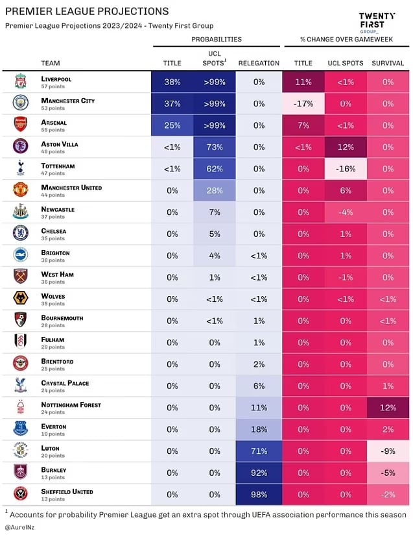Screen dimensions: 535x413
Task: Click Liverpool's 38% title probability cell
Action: pyautogui.click(x=172, y=82)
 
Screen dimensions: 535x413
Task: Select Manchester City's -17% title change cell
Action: pyautogui.click(x=303, y=104)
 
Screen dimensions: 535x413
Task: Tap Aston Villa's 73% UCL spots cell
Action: pyautogui.click(x=215, y=147)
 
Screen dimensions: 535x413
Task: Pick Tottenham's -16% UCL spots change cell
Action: pyautogui.click(x=345, y=169)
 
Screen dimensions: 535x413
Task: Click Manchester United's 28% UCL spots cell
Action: pyautogui.click(x=215, y=191)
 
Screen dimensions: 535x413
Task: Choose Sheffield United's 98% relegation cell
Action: pyautogui.click(x=259, y=494)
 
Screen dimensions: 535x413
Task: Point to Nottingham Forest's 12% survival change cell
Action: pyautogui.click(x=388, y=407)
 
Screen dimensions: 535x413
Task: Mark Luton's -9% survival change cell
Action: pyautogui.click(x=388, y=451)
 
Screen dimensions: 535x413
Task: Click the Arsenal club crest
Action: pyautogui.click(x=21, y=125)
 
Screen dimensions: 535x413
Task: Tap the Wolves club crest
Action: pyautogui.click(x=21, y=299)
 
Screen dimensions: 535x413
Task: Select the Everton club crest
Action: pyautogui.click(x=21, y=429)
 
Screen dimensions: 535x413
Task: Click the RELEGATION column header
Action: pyautogui.click(x=259, y=63)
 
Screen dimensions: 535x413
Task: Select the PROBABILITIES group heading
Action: pyautogui.click(x=216, y=40)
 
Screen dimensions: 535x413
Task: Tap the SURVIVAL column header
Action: pyautogui.click(x=388, y=63)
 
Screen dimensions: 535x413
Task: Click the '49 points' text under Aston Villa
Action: pyautogui.click(x=54, y=153)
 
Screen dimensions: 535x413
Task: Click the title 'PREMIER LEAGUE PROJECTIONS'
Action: pyautogui.click(x=87, y=12)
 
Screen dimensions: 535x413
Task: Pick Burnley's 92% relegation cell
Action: pyautogui.click(x=259, y=472)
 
